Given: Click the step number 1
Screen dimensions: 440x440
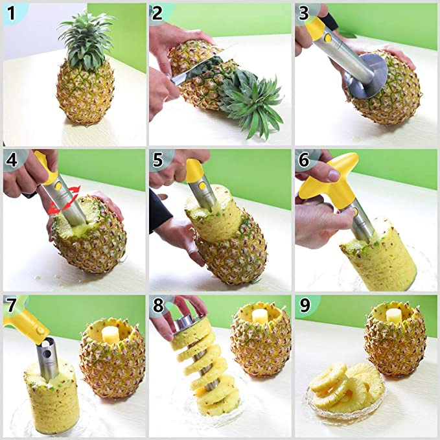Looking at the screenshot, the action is click(x=11, y=13).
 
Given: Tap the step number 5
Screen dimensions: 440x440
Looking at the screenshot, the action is click(x=157, y=159).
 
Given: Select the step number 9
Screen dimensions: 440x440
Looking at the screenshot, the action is click(x=305, y=305).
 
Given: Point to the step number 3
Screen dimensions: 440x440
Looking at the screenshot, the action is click(x=304, y=13).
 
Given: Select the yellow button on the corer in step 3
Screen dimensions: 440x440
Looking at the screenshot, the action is click(x=328, y=38).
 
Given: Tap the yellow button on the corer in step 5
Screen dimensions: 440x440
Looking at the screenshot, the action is click(x=202, y=185).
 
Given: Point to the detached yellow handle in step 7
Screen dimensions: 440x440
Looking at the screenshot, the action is click(x=25, y=323).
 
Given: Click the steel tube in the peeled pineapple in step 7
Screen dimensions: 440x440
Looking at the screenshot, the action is click(x=47, y=359).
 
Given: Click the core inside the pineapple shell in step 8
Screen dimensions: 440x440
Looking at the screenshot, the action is click(x=261, y=316).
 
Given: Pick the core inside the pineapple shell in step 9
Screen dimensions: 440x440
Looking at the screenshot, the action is click(x=395, y=316).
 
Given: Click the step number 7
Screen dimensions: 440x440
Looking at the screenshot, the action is click(x=12, y=306).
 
